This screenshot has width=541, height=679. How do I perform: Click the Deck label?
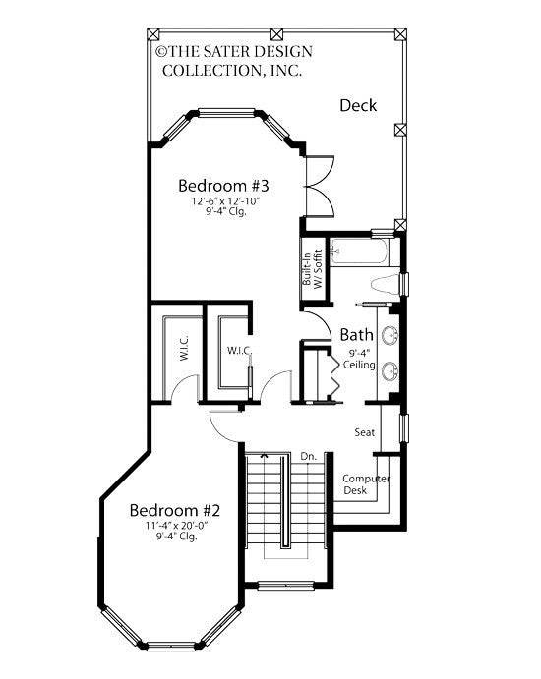point(359,106)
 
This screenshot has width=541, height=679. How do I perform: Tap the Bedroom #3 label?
point(223,185)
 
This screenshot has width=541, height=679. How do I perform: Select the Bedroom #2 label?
point(175,511)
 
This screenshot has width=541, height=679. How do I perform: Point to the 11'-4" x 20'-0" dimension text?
point(174,528)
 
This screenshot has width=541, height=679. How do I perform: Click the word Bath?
point(355,334)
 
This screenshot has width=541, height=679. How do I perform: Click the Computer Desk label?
point(366,484)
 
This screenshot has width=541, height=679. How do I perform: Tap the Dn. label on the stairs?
point(307,456)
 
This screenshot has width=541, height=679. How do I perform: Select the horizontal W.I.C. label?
point(240,351)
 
